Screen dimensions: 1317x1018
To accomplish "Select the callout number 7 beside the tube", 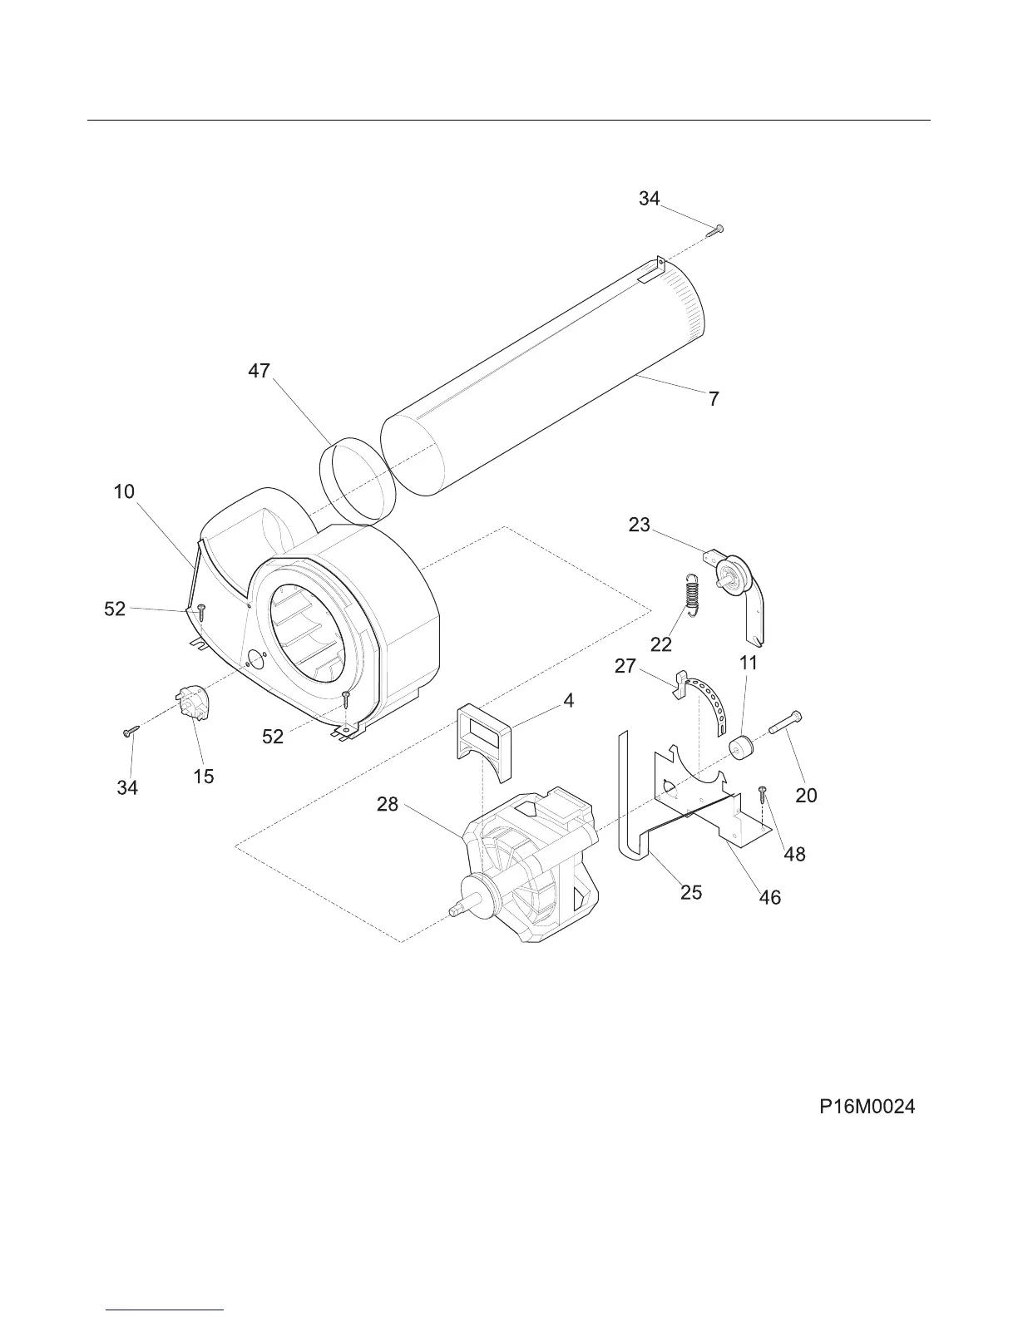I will pyautogui.click(x=714, y=399).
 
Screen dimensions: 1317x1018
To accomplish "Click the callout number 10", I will pyautogui.click(x=124, y=491).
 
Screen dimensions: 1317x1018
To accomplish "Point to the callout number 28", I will pyautogui.click(x=388, y=804).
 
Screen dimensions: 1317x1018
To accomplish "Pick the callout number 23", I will pyautogui.click(x=640, y=525).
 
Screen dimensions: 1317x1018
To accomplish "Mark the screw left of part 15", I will pyautogui.click(x=131, y=730).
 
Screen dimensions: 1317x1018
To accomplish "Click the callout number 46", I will pyautogui.click(x=771, y=897).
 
